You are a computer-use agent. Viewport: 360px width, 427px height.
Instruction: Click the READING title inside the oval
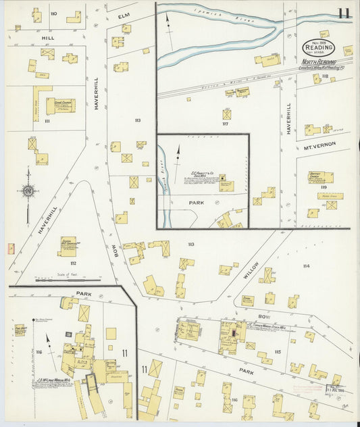point(318,48)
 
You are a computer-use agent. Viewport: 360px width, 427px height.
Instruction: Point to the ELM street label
point(123,16)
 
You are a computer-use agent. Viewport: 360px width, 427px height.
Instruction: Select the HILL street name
point(47,39)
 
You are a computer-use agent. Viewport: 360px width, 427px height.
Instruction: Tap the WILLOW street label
point(251,268)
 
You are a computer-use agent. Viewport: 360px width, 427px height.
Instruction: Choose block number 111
point(47,121)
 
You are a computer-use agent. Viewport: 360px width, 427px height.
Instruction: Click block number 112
point(72,263)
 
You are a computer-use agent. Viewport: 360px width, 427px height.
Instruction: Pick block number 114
point(307,266)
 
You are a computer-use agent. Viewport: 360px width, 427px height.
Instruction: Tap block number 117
point(226,124)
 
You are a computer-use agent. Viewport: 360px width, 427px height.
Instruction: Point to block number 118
point(324,76)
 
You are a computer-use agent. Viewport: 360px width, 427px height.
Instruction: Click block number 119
point(323,187)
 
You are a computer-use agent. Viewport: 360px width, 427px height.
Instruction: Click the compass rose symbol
point(27,192)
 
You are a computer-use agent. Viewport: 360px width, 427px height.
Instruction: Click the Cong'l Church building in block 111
point(59,105)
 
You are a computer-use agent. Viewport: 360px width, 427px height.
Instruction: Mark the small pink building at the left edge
point(10,249)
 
